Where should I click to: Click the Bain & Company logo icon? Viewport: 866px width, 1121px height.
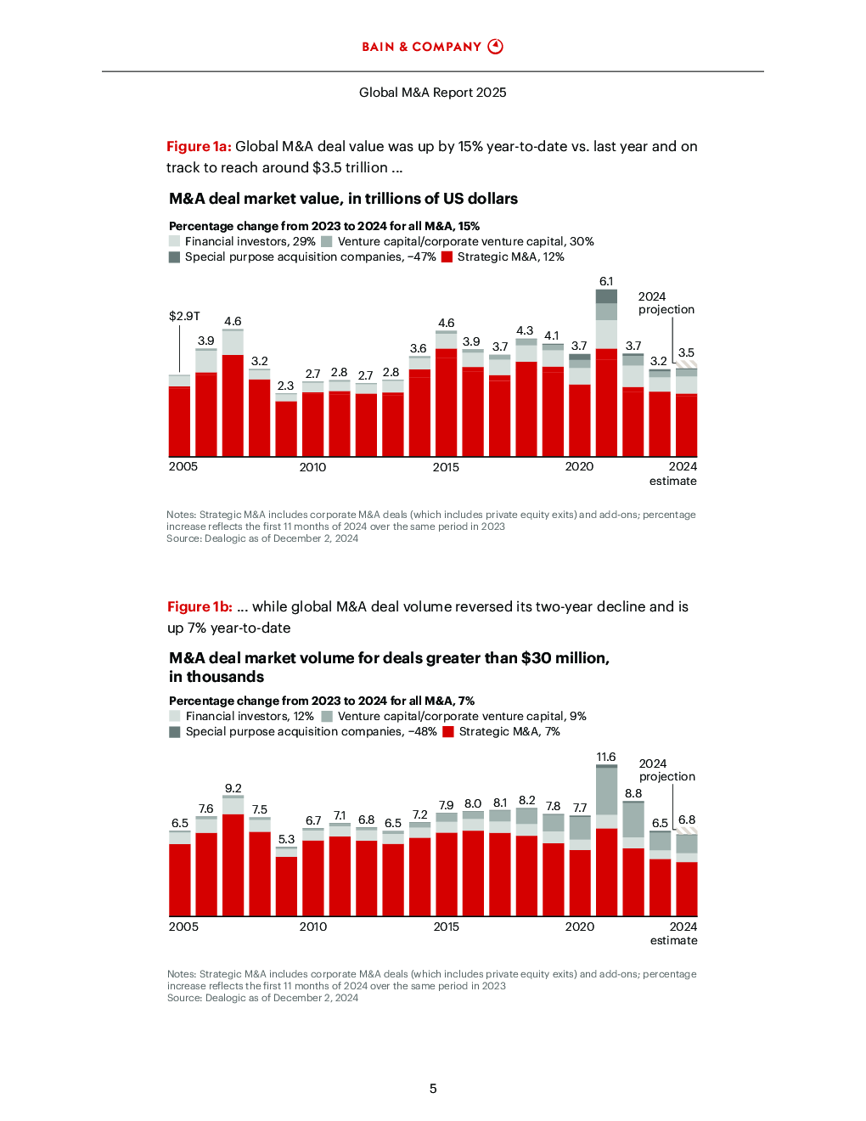(495, 47)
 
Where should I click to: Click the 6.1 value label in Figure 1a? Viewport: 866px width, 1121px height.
(606, 281)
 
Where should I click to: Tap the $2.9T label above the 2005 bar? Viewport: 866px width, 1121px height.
(184, 316)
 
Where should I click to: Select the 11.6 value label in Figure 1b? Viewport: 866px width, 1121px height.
(606, 757)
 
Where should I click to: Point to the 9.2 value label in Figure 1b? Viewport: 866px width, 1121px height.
(233, 788)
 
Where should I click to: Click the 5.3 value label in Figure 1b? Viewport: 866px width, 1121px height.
(286, 839)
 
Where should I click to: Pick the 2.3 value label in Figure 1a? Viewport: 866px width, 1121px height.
(285, 386)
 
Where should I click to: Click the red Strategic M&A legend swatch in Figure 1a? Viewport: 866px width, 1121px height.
(447, 257)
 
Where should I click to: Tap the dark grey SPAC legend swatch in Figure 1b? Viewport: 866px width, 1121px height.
(174, 731)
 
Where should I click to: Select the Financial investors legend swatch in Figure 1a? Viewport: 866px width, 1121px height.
(174, 241)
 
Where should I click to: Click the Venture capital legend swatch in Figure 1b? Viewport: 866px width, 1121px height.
(327, 716)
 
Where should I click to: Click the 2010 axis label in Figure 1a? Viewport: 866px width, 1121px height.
(312, 467)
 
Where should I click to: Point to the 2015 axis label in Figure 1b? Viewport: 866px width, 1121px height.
(446, 927)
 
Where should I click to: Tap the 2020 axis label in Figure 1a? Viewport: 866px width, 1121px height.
(579, 466)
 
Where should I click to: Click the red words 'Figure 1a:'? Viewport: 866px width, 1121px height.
(199, 147)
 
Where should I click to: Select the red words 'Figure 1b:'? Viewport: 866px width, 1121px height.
(200, 606)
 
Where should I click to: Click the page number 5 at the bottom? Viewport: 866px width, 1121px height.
(433, 1089)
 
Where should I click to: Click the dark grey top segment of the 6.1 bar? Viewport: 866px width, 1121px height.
(606, 296)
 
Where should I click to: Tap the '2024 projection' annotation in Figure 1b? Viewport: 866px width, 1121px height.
(667, 769)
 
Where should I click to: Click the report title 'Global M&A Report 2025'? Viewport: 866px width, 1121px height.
(433, 93)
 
